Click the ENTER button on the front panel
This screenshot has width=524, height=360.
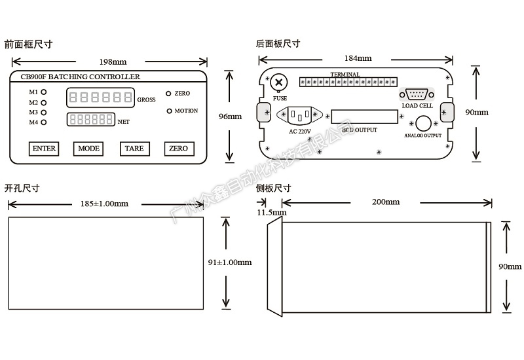click(44, 149)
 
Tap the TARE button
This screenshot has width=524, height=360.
click(134, 149)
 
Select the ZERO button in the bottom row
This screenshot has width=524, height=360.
click(178, 149)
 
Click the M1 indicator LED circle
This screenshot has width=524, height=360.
click(44, 92)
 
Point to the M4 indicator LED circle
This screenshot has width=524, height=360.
click(44, 122)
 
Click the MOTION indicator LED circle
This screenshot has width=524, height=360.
click(169, 111)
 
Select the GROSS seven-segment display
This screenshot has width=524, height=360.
click(101, 98)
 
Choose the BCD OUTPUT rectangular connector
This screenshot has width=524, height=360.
click(364, 117)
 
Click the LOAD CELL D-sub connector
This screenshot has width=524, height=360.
click(417, 94)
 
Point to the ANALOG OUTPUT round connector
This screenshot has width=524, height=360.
click(422, 123)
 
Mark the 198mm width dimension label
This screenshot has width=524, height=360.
click(113, 62)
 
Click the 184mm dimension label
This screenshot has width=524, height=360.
click(358, 58)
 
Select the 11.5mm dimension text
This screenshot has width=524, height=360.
click(271, 213)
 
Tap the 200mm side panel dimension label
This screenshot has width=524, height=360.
click(385, 202)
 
